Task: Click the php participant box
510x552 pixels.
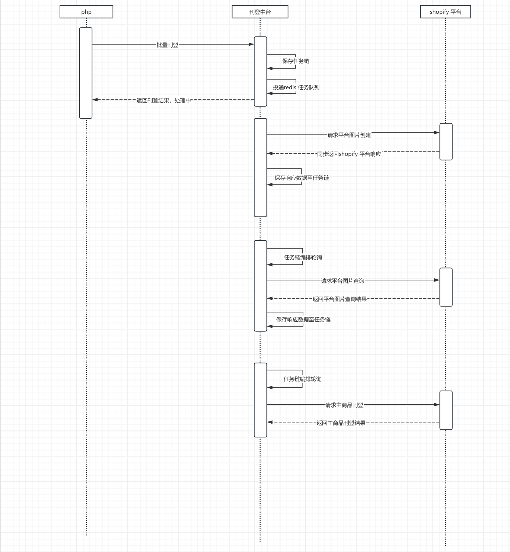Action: (x=86, y=12)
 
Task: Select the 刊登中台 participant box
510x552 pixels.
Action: (x=260, y=12)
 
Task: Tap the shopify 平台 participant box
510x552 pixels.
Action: (x=445, y=12)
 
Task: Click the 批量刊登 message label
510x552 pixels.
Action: (x=167, y=45)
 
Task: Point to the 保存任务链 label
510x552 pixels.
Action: (x=296, y=61)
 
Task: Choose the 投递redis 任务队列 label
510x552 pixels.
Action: (x=296, y=87)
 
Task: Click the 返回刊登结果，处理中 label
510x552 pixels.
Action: (x=164, y=100)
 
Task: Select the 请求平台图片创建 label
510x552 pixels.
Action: (x=349, y=135)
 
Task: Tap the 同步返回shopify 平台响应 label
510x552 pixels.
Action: (x=349, y=154)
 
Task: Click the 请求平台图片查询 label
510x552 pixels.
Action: (x=342, y=281)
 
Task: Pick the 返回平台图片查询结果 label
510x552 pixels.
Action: (x=340, y=299)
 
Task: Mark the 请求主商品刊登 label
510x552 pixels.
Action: (x=344, y=405)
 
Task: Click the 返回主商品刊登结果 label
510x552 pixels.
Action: (x=341, y=423)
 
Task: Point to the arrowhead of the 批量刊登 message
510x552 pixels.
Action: (x=251, y=44)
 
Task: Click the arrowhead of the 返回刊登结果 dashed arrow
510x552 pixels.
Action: (x=95, y=100)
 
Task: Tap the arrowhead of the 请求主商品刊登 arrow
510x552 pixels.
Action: (x=437, y=404)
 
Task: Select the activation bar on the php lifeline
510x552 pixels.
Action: (x=86, y=73)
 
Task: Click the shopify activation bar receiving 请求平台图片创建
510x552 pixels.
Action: (x=446, y=142)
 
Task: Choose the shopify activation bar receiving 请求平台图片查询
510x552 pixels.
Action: (x=446, y=287)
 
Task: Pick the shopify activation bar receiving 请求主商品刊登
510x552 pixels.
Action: (x=446, y=410)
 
